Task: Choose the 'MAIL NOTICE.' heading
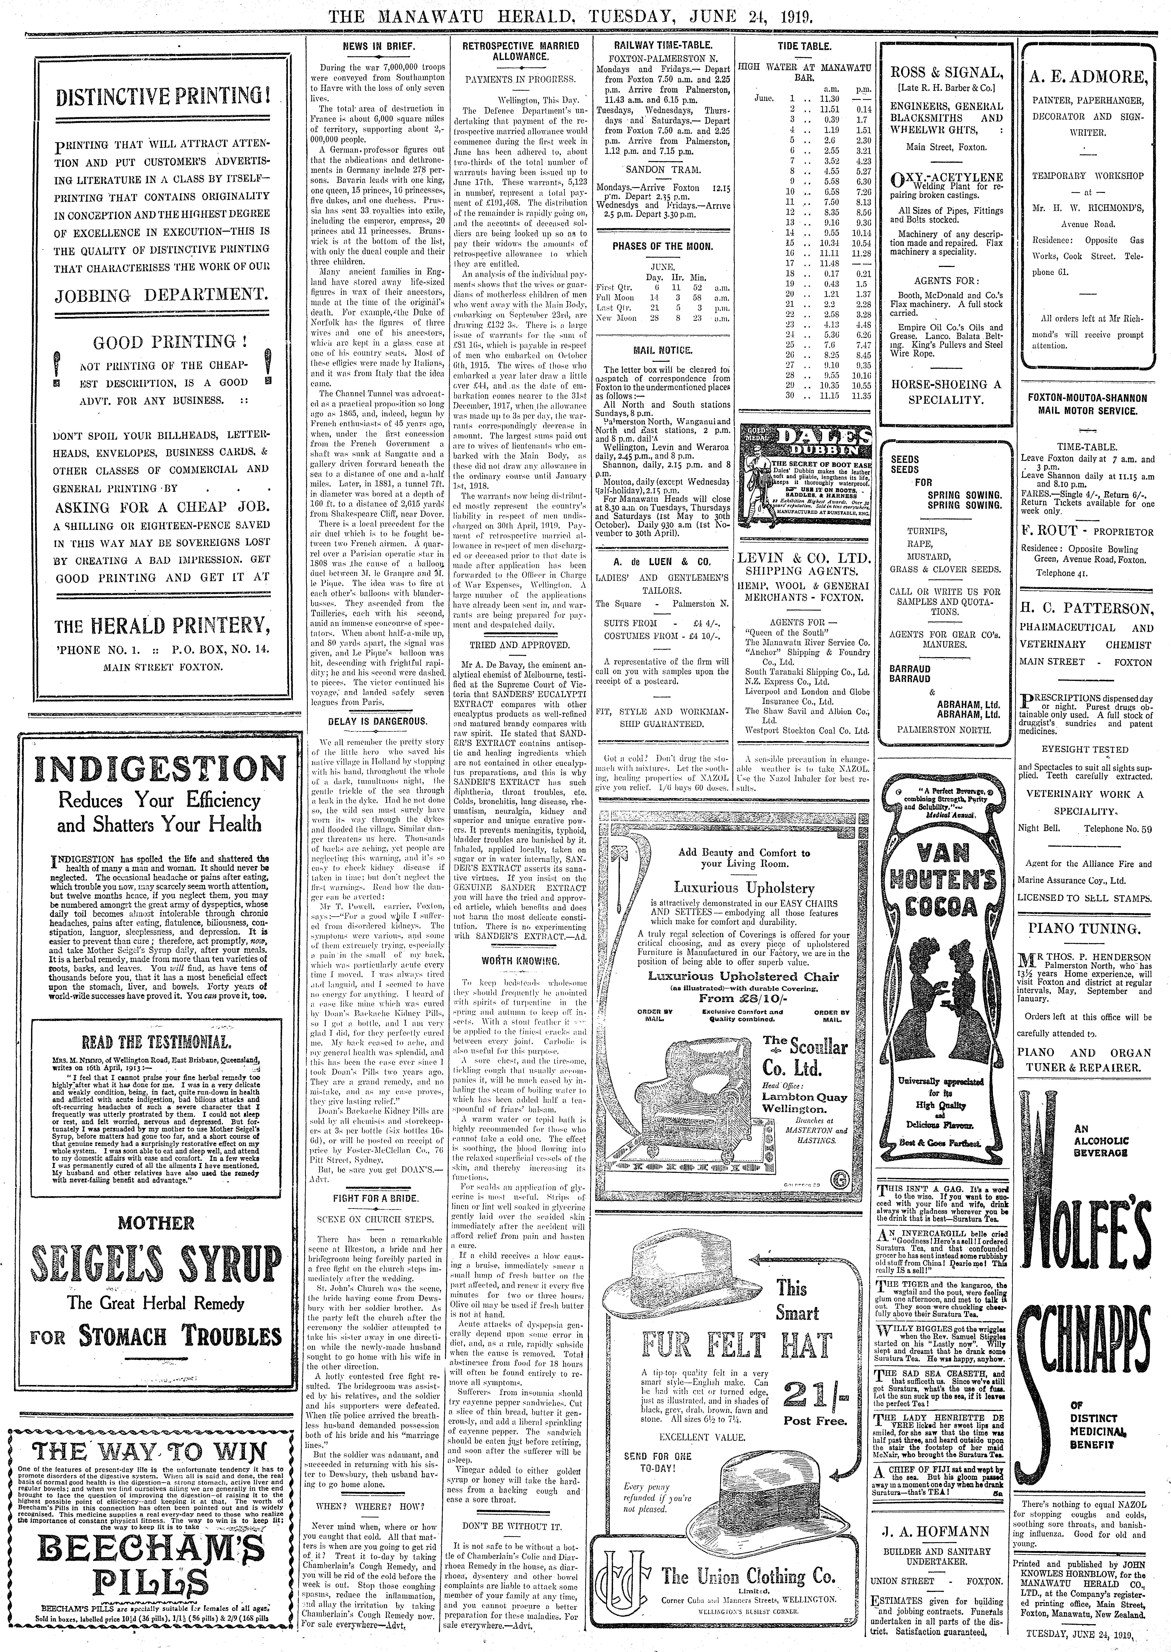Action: pos(662,350)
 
